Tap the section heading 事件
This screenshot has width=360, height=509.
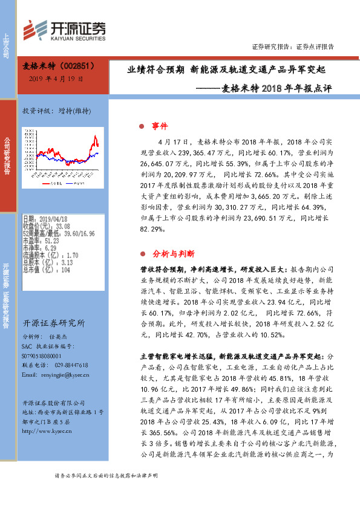[159, 126]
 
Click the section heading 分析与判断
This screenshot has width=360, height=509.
[174, 253]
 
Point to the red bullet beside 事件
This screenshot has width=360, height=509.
[141, 126]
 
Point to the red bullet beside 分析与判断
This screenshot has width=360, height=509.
[141, 253]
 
